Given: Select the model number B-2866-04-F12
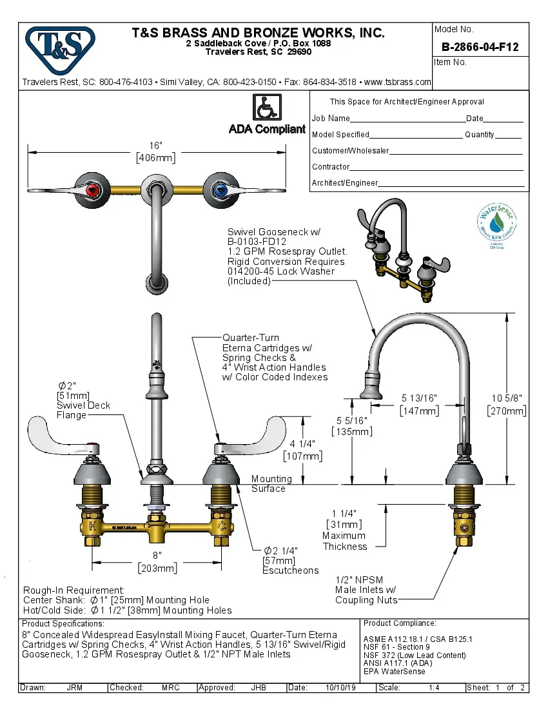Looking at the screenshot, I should (480, 47).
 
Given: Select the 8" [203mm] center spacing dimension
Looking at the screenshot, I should (157, 561).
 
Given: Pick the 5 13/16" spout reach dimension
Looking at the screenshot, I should (420, 404).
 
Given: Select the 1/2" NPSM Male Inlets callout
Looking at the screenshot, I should (366, 589).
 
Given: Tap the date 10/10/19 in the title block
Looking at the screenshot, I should (341, 688).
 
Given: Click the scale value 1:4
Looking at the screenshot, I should (434, 688).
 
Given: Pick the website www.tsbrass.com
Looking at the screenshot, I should (398, 83).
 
